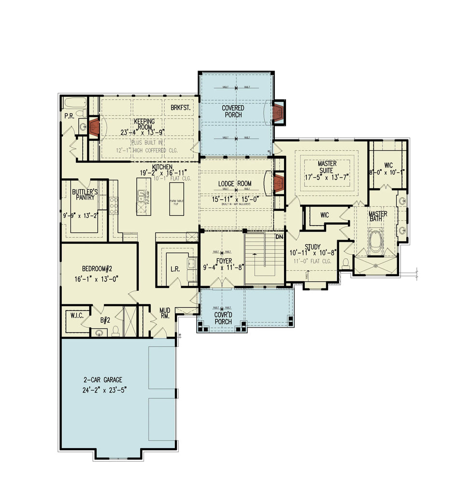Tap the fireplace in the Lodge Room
pyautogui.click(x=278, y=183)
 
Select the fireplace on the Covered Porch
pyautogui.click(x=278, y=112)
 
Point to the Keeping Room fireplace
pyautogui.click(x=94, y=126)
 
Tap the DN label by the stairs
pyautogui.click(x=279, y=237)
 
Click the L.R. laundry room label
pyautogui.click(x=175, y=270)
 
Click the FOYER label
pyautogui.click(x=224, y=261)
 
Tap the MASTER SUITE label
pyautogui.click(x=327, y=167)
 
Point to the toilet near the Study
pyautogui.click(x=345, y=262)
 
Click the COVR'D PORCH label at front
pyautogui.click(x=223, y=318)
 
